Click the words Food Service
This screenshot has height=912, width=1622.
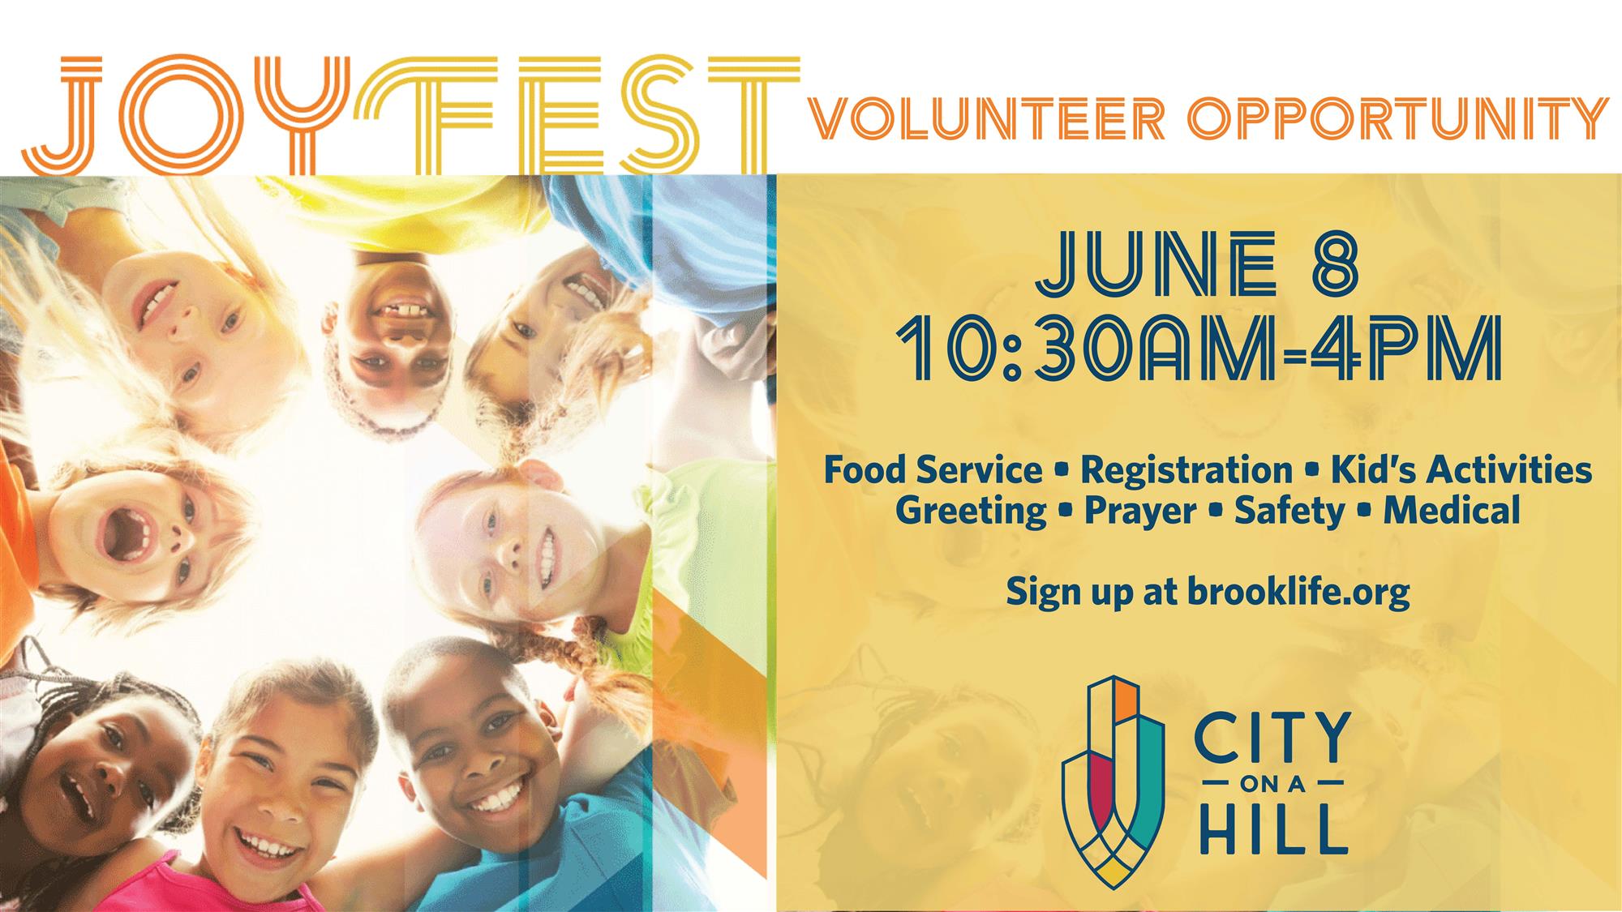click(933, 469)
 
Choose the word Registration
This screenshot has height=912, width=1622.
click(1186, 471)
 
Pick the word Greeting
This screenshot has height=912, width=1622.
click(971, 512)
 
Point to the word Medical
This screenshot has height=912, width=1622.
click(1452, 511)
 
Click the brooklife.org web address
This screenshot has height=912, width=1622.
click(1298, 592)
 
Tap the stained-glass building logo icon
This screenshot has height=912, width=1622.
click(1114, 781)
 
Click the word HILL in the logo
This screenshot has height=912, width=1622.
click(1273, 829)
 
